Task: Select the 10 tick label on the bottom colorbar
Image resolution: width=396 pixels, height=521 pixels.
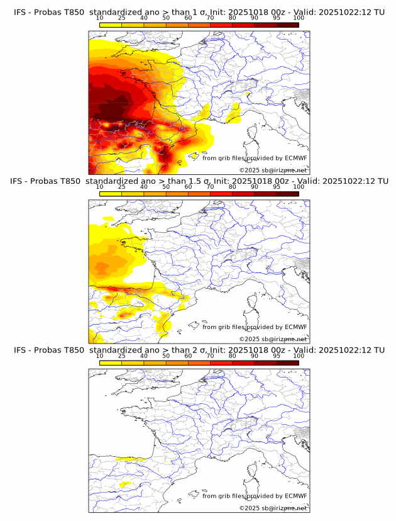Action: (x=99, y=356)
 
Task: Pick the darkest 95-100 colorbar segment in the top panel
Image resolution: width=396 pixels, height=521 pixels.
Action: (x=287, y=25)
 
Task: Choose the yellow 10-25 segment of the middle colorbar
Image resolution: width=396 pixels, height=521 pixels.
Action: (x=111, y=194)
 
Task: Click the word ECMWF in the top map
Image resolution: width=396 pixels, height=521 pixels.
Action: (x=295, y=159)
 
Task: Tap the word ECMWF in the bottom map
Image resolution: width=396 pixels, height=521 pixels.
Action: (x=295, y=496)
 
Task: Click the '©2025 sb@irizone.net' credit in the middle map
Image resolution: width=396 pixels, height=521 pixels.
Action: (x=273, y=339)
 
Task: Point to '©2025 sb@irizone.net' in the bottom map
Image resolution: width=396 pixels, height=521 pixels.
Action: (x=273, y=508)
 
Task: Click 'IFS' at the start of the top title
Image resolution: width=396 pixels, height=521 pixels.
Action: (x=19, y=12)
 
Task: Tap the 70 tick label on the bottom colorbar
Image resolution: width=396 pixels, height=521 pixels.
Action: (x=210, y=356)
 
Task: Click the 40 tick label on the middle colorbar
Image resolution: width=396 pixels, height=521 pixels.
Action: (x=144, y=187)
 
